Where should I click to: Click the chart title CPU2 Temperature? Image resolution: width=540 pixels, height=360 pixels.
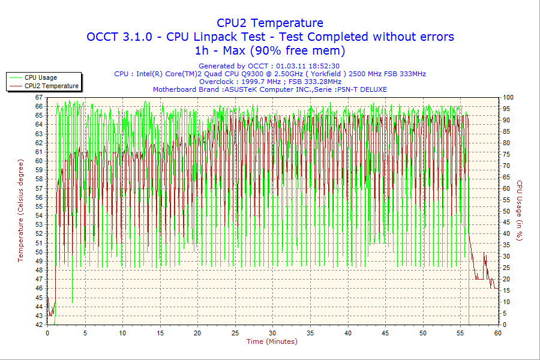(x=270, y=23)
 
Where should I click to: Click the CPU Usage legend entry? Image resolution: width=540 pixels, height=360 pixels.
(x=41, y=77)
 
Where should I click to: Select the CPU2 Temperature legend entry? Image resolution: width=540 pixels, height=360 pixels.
(x=51, y=86)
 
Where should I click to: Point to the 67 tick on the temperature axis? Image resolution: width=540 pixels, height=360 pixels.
(x=39, y=97)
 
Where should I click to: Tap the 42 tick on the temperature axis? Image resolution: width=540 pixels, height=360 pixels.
(x=39, y=325)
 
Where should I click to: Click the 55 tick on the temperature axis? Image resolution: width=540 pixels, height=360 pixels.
(x=39, y=206)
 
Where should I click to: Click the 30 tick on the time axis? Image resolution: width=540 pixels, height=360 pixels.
(x=273, y=333)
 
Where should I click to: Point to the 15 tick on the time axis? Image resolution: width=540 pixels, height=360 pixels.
(x=160, y=333)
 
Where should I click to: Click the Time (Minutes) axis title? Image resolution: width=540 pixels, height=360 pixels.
(x=272, y=341)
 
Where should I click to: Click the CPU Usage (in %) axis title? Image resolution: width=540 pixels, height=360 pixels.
(x=520, y=211)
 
